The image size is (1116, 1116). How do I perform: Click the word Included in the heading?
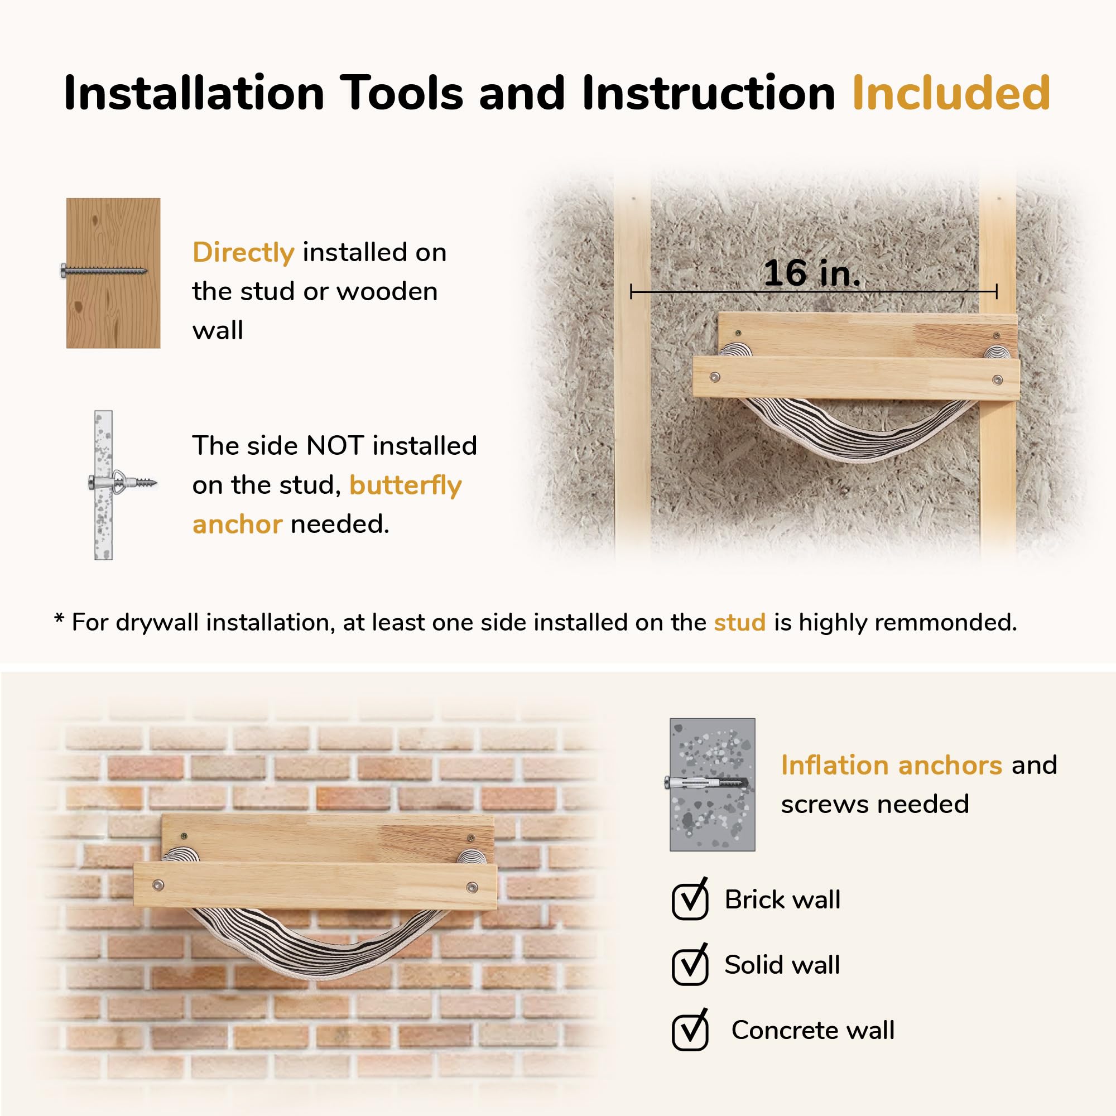pos(951,93)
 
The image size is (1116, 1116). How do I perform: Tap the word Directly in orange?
pos(243,253)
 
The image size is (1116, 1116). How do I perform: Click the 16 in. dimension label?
pos(811,273)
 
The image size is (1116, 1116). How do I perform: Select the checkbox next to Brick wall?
pos(690,899)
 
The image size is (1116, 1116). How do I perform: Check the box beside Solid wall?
pos(690,965)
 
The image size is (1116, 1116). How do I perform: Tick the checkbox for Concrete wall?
pos(690,1030)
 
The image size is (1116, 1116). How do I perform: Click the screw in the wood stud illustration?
pos(104,270)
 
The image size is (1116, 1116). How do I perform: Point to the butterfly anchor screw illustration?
pos(122,481)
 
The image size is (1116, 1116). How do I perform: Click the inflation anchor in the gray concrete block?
pos(707,783)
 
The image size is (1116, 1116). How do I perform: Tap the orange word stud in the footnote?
pos(739,622)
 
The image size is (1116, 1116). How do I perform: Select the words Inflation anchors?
pos(891,765)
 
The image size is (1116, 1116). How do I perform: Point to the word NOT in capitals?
pos(335,446)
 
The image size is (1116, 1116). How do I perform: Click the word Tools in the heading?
pos(401,93)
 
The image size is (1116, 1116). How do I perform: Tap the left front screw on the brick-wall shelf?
pos(157,884)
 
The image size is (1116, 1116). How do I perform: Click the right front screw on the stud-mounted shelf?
pos(997,379)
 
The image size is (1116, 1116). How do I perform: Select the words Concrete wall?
pos(813,1030)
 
